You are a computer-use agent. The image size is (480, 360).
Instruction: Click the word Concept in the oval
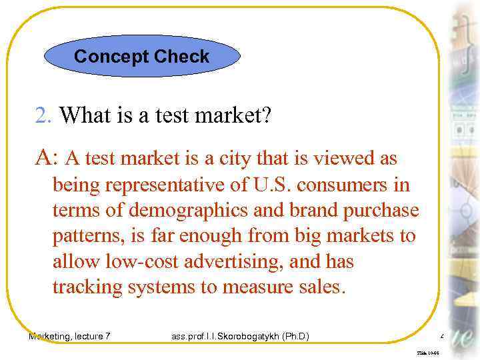[x=111, y=57]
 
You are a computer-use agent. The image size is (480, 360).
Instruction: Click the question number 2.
[x=43, y=116]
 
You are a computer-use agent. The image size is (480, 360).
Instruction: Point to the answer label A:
[x=47, y=158]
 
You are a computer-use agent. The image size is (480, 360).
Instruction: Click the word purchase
[x=380, y=211]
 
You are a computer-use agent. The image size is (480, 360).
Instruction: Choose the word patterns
[x=84, y=237]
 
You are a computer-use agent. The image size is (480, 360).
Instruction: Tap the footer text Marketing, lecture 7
[x=69, y=337]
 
